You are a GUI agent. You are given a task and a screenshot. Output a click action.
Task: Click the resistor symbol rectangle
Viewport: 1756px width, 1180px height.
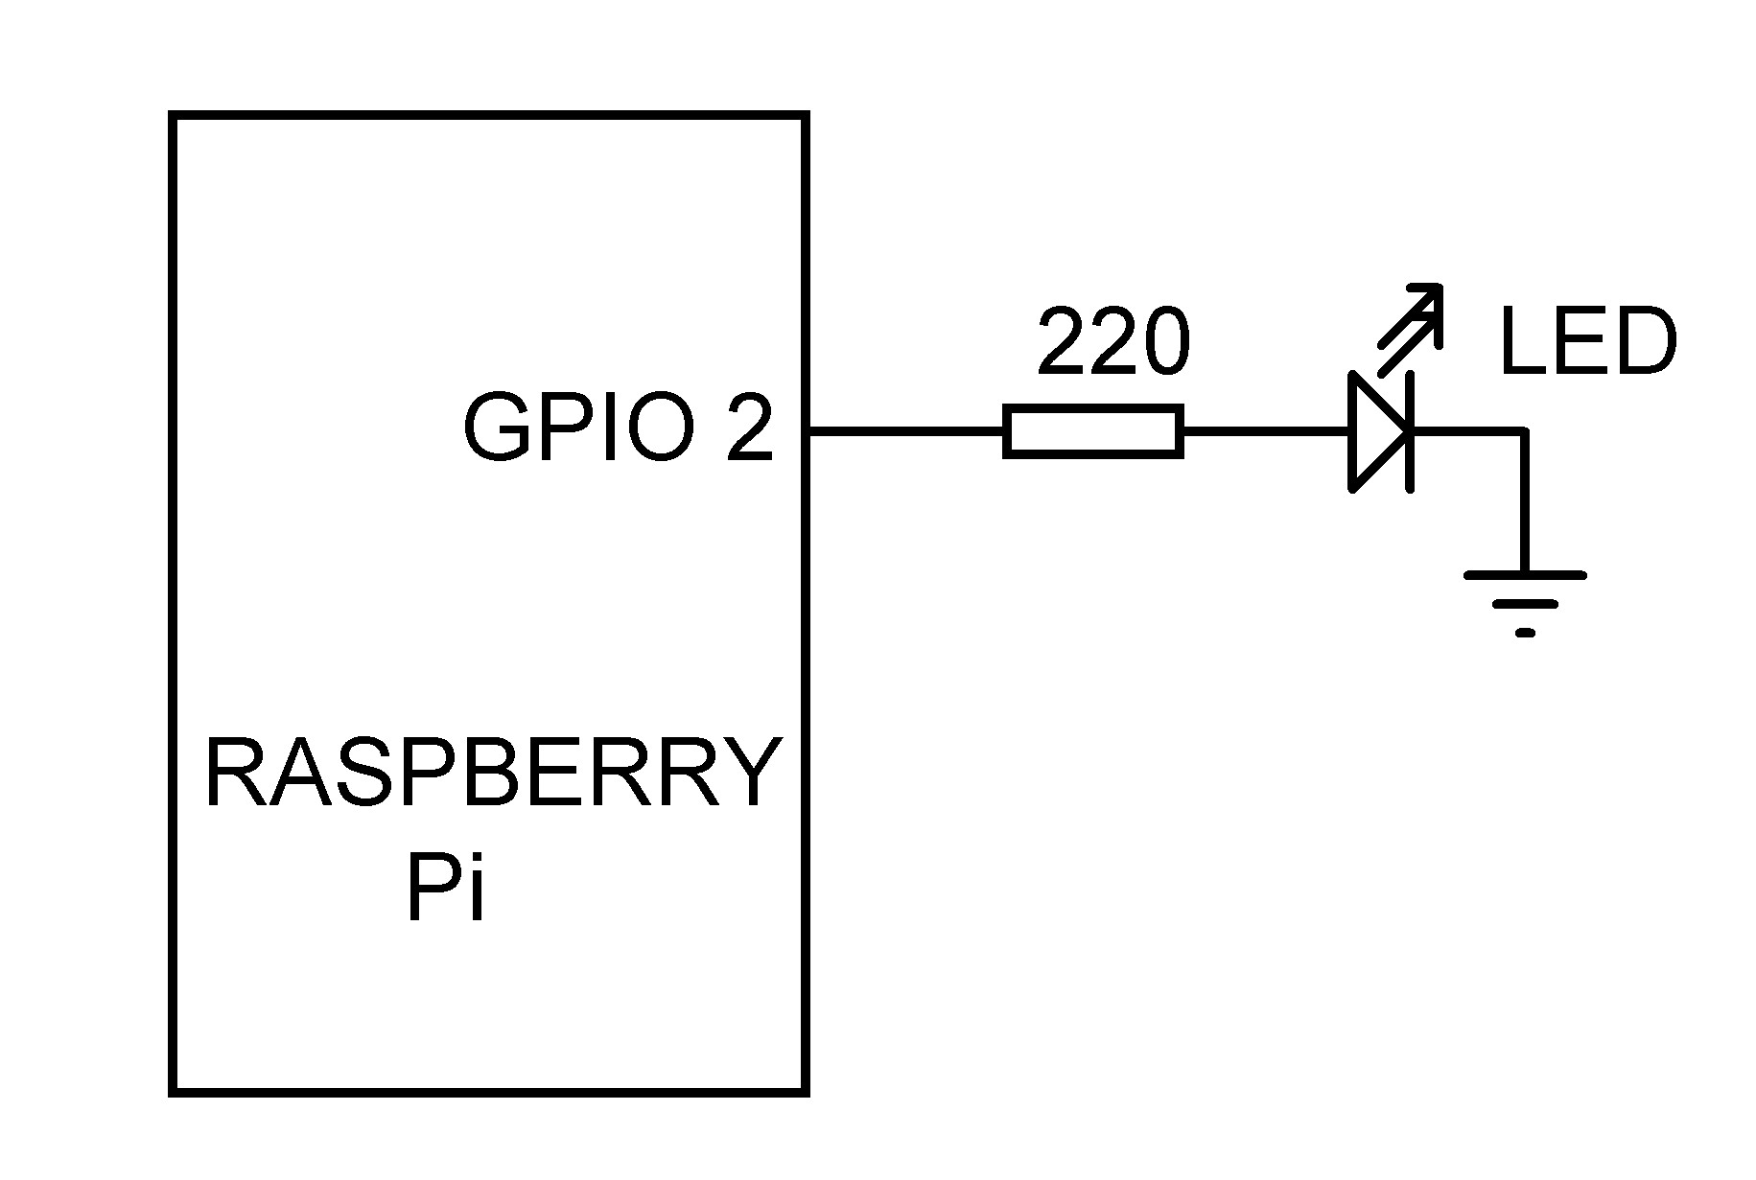click(1092, 431)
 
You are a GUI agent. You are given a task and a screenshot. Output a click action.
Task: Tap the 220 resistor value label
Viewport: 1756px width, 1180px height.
click(1112, 342)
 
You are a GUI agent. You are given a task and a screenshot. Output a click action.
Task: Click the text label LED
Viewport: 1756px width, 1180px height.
click(1587, 342)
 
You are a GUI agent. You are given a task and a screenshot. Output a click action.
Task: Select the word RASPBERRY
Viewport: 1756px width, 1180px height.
click(491, 774)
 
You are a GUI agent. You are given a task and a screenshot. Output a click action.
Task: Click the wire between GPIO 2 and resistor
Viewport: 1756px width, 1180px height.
click(906, 431)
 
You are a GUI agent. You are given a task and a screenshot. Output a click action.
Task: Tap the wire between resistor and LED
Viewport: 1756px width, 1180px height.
click(1264, 431)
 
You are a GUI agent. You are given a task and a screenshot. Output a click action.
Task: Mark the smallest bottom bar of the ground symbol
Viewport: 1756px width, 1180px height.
click(1525, 633)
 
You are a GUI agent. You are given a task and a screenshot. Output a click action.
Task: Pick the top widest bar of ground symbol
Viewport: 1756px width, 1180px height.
click(1525, 575)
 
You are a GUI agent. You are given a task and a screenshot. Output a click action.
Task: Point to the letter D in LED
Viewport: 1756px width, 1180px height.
click(1644, 342)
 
